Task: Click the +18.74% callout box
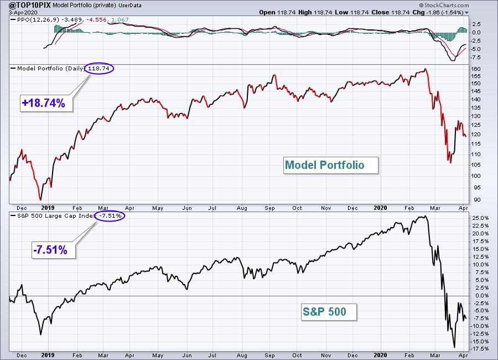pos(46,103)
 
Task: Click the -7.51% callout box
pos(53,250)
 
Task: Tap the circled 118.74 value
pos(99,68)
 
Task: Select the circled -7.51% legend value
pos(110,215)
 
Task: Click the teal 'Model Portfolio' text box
pos(331,165)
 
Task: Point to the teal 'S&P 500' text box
pos(329,312)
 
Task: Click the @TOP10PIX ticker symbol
pos(29,5)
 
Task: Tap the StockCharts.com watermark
pos(444,5)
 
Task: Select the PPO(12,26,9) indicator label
pos(38,20)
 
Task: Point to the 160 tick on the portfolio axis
pos(476,69)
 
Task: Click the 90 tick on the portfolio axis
pos(477,200)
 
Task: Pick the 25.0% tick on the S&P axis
pos(480,218)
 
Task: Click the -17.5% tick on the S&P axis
pos(480,348)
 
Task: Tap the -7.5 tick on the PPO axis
pos(475,57)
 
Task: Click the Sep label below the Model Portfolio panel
pos(269,208)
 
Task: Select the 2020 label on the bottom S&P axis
pos(380,355)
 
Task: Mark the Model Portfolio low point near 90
pos(40,200)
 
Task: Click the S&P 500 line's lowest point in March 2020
pos(454,347)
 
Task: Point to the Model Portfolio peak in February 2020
pos(426,69)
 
